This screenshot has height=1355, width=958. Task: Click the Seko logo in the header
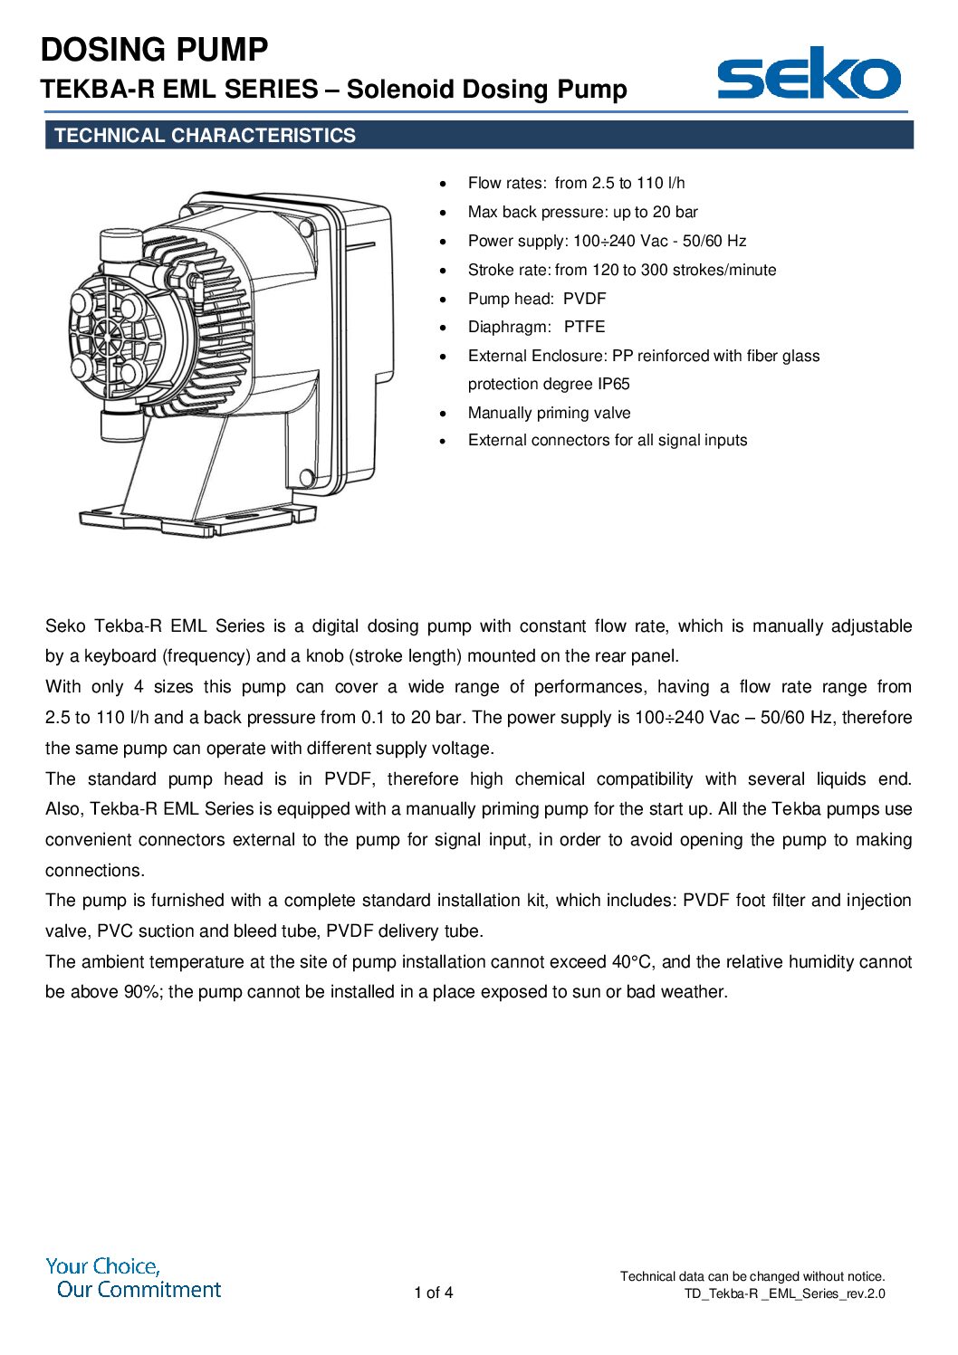point(809,74)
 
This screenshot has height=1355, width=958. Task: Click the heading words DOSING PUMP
point(155,50)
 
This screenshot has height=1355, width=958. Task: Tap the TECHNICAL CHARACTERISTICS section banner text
point(206,136)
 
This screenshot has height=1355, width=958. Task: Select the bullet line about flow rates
point(576,183)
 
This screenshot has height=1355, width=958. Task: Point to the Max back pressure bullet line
point(582,212)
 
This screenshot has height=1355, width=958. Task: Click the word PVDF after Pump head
point(584,299)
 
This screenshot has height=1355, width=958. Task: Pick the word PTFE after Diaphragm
point(584,327)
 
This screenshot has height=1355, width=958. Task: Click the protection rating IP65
point(613,384)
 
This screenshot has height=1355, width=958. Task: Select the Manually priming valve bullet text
point(549,413)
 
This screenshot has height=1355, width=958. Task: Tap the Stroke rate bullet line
point(621,270)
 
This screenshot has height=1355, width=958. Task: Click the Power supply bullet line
point(607,241)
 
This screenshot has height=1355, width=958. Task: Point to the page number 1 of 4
point(433,1293)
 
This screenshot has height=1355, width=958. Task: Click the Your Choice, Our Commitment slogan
point(133,1278)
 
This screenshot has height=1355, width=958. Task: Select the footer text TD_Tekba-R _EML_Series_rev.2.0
point(784,1293)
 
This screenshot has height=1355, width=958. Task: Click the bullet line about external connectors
point(607,440)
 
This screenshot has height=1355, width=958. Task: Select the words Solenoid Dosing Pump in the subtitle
point(486,90)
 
